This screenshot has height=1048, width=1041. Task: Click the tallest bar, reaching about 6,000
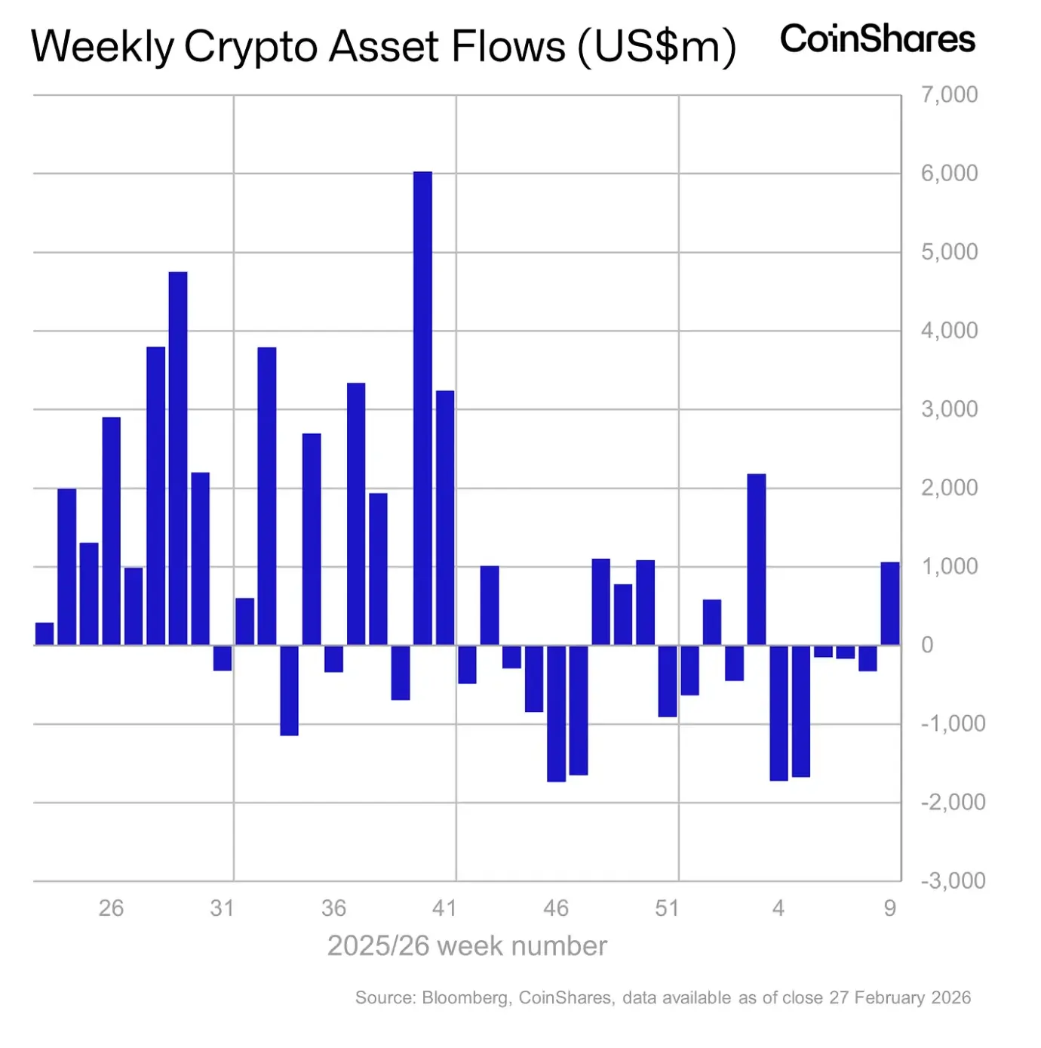(x=422, y=408)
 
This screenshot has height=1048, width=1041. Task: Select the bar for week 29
(x=178, y=458)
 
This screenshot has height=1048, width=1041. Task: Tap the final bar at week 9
(x=890, y=603)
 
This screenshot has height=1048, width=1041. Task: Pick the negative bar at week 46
(x=556, y=713)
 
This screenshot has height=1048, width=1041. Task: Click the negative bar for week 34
(x=289, y=690)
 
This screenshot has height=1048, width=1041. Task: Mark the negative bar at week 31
(x=223, y=658)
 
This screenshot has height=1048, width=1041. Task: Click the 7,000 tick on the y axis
(x=949, y=95)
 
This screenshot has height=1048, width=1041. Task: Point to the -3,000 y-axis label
(x=952, y=880)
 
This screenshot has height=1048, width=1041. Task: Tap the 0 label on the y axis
(x=927, y=645)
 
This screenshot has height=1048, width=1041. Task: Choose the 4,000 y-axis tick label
(x=949, y=331)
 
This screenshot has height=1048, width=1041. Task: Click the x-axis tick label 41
(x=444, y=908)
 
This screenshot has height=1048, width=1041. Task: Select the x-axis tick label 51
(x=667, y=908)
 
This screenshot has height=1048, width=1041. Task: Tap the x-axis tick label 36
(x=333, y=908)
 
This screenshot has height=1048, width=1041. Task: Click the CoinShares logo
(x=877, y=39)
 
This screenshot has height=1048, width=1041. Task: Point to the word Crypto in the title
(x=253, y=47)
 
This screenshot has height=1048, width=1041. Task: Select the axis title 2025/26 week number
(x=467, y=946)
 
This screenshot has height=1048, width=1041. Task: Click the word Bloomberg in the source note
(x=466, y=997)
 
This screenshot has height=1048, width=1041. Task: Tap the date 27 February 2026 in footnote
(x=899, y=997)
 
